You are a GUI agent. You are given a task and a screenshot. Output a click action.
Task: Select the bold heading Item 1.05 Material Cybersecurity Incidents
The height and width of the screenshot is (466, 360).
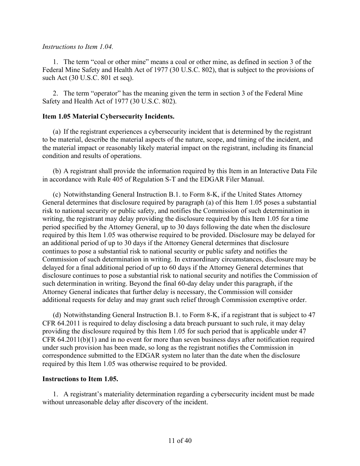click(108, 116)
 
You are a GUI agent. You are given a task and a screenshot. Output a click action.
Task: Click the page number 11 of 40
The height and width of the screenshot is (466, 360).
click(180, 441)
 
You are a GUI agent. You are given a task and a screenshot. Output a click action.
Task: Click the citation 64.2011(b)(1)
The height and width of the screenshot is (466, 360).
click(74, 339)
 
